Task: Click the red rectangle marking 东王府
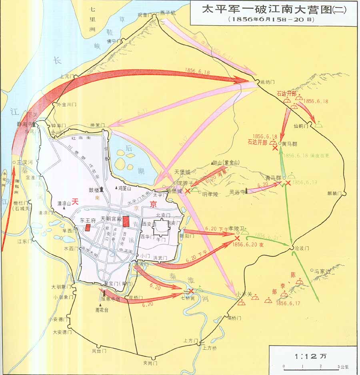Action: pos(88,227)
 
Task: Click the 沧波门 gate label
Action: pos(302,248)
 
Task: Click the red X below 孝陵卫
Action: pos(237,238)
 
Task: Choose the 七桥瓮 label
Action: pos(188,297)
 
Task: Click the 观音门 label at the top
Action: pos(146,15)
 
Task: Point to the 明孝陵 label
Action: pos(210,194)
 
